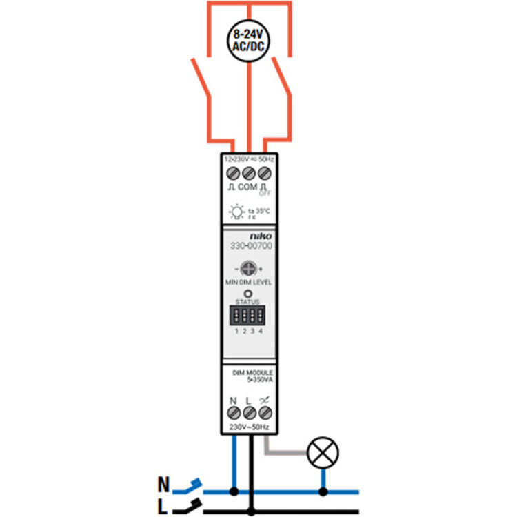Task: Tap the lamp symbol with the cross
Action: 323,454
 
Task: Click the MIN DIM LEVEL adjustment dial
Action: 249,269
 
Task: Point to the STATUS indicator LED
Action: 248,293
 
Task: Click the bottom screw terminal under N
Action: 234,413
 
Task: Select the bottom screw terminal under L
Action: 249,413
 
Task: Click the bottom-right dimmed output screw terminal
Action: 264,413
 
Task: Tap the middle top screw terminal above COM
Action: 249,172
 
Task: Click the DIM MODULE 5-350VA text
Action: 249,376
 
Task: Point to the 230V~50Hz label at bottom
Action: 249,428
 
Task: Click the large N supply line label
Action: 163,483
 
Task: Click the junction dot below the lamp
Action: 323,492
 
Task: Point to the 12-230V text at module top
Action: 236,159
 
